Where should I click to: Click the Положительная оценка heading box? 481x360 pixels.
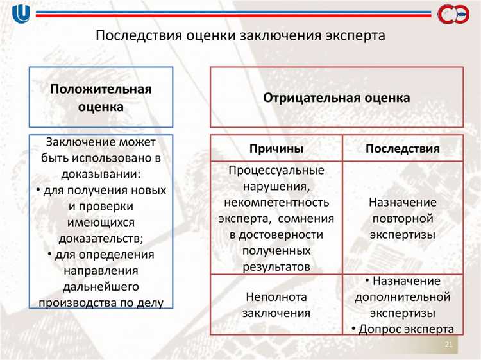101,98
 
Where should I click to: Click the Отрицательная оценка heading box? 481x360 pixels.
336,98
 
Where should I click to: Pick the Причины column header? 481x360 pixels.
276,148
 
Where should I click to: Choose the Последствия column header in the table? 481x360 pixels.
402,148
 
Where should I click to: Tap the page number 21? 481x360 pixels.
449,347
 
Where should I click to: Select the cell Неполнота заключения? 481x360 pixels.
276,305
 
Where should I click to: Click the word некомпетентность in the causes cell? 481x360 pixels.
276,202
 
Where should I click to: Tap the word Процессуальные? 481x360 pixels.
276,170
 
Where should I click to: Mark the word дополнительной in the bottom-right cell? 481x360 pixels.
402,297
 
